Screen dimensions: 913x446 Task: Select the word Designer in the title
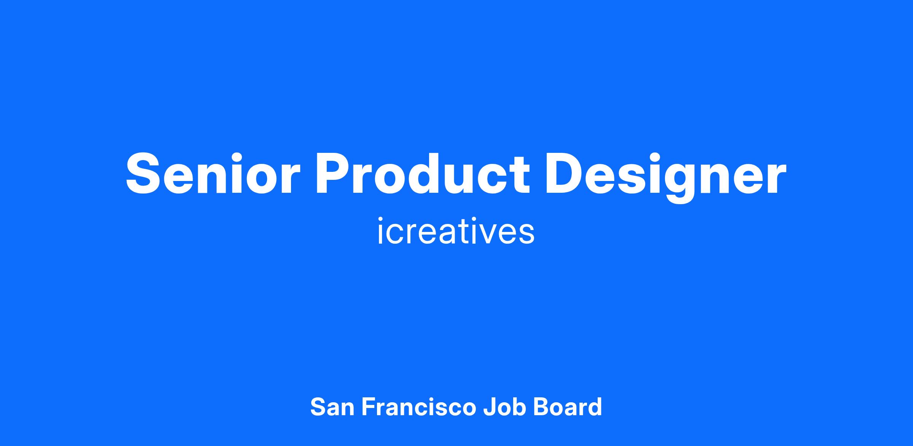[666, 178]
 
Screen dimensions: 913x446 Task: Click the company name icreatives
[456, 230]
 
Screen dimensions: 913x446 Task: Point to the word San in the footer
[332, 407]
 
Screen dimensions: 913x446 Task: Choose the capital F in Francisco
[368, 407]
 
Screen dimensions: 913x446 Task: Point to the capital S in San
[319, 407]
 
